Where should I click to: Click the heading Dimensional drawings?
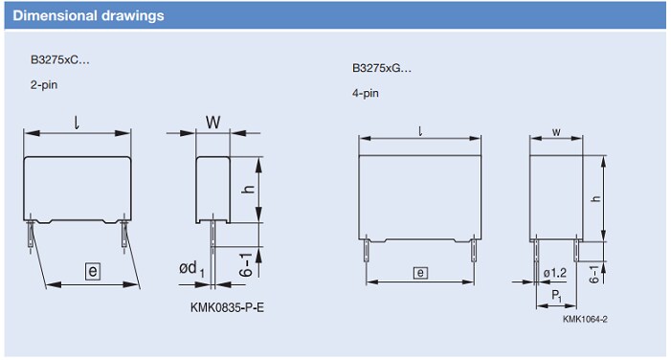pos(89,16)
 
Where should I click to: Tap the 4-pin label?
pos(365,94)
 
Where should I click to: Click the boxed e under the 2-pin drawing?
pos(92,273)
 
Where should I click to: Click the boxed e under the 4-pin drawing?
pos(420,273)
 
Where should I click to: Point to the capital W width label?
pos(212,123)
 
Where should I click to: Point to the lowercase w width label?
pos(556,132)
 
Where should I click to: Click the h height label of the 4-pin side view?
pos(595,198)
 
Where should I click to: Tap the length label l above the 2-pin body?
pos(77,122)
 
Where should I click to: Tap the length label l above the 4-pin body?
pos(419,131)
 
